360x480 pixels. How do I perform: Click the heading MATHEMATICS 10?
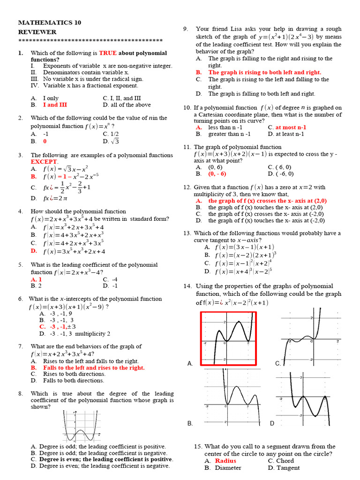point(44,22)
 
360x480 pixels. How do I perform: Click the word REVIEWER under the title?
point(37,32)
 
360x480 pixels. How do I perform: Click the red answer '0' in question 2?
point(45,141)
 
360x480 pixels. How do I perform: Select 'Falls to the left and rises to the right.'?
point(94,368)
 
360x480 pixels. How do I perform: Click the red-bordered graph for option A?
point(229,338)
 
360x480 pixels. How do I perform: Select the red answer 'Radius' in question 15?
point(225,461)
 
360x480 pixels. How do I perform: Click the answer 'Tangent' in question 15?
point(288,467)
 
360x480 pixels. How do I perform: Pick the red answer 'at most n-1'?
point(291,127)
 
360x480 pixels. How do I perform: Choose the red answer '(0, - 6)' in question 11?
point(217,173)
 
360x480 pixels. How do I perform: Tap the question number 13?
point(187,233)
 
